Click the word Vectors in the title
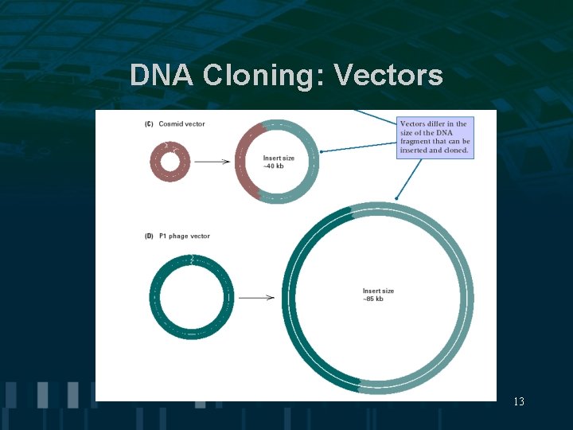coord(388,75)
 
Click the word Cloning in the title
coord(263,75)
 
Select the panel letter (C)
coord(149,124)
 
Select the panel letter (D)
coord(149,236)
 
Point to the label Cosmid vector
coord(181,124)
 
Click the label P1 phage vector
coord(184,236)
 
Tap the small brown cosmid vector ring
coord(153,163)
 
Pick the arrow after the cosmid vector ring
coord(212,162)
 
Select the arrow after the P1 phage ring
coord(256,298)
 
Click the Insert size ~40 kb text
coord(279,162)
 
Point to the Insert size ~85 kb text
coord(378,295)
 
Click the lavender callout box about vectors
coord(435,137)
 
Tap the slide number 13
coord(519,402)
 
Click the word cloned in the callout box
coord(456,150)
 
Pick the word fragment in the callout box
coord(415,142)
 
